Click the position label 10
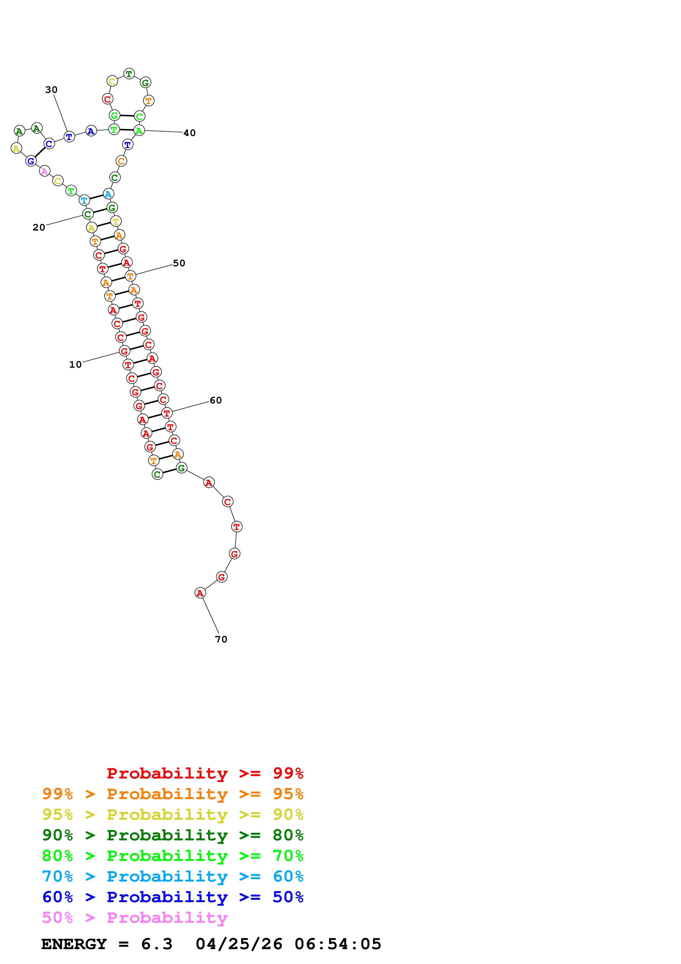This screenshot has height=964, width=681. (x=76, y=364)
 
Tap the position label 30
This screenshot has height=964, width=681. (x=51, y=90)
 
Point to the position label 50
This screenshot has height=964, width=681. (x=179, y=263)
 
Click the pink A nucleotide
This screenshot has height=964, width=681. (x=45, y=171)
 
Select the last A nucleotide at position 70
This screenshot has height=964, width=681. (x=200, y=593)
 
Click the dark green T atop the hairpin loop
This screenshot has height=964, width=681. (x=129, y=74)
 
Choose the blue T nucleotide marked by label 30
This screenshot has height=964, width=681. (x=69, y=137)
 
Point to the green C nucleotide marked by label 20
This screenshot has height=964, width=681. (x=88, y=215)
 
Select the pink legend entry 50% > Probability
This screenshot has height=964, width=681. (x=134, y=918)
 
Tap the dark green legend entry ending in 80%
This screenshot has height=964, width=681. (x=173, y=835)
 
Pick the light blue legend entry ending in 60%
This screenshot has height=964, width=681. (x=173, y=876)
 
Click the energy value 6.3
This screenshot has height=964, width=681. (x=157, y=944)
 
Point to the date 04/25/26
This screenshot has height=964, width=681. (x=239, y=944)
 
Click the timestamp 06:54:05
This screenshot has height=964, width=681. (x=338, y=944)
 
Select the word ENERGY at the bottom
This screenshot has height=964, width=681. (x=74, y=944)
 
